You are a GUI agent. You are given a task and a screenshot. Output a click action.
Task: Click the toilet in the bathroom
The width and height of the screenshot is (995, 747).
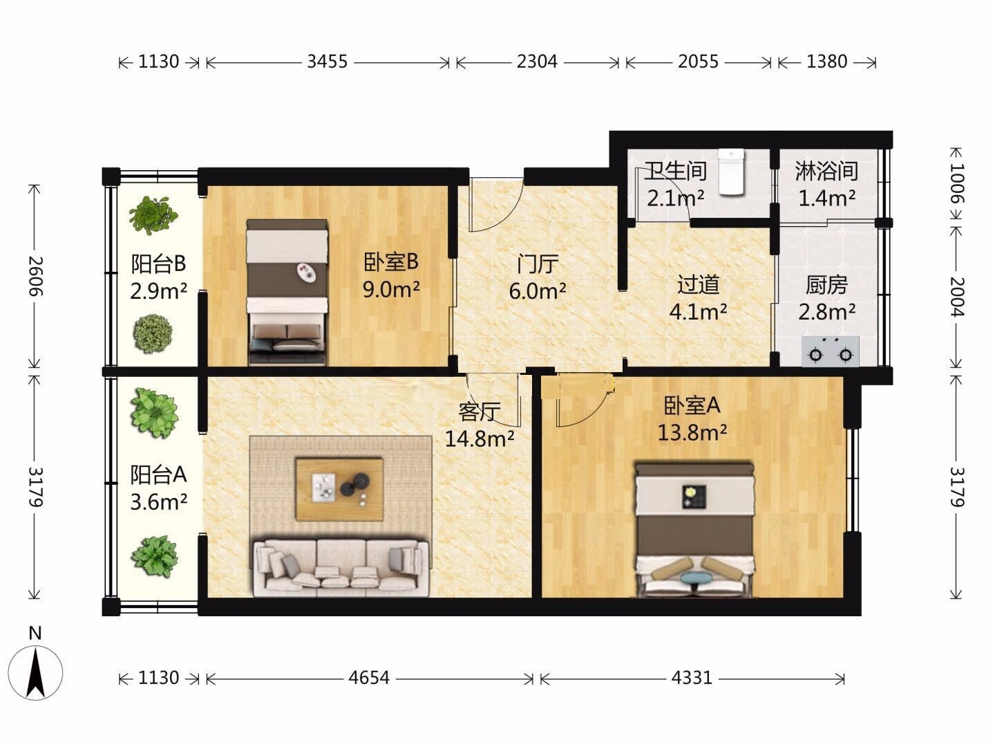[731, 172]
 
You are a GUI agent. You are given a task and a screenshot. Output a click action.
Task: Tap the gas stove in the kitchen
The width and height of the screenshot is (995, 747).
[831, 351]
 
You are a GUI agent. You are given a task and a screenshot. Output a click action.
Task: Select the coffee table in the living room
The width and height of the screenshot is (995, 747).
[339, 489]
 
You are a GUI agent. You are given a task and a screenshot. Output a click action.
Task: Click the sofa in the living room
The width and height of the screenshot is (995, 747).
[341, 568]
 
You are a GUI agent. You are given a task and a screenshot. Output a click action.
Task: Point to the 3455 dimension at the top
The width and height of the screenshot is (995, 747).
[328, 62]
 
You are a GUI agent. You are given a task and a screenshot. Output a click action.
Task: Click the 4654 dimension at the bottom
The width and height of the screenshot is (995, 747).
[369, 678]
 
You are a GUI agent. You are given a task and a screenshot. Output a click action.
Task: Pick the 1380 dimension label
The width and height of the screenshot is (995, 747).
[827, 62]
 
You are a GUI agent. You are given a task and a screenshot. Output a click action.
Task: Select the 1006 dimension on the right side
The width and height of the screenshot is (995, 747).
[957, 183]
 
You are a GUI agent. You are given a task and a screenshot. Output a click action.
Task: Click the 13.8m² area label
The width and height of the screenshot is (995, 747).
[692, 432]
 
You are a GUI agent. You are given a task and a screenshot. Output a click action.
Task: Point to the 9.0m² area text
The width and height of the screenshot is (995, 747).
[391, 289]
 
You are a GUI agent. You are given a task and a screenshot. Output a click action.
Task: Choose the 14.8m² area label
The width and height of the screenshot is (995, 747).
[479, 438]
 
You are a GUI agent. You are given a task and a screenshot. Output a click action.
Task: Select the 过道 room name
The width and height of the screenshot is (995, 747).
[698, 285]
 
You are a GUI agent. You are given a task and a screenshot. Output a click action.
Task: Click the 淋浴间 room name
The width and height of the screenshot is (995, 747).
[827, 172]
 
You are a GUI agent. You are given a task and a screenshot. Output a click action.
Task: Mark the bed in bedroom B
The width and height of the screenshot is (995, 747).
[287, 293]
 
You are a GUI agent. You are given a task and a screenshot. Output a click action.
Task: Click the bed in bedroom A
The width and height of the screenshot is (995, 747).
[694, 530]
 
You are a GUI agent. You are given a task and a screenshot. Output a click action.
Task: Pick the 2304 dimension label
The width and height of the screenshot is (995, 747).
[537, 62]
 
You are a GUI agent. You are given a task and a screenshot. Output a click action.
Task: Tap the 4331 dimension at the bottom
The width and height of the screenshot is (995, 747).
[692, 678]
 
